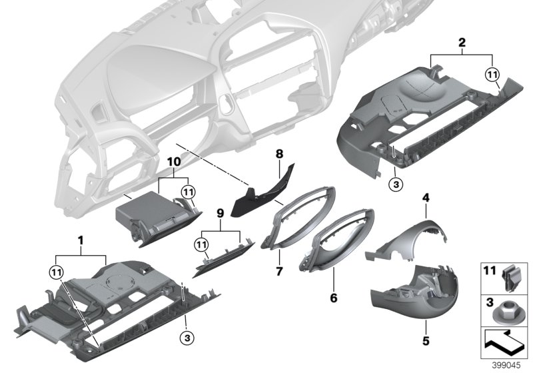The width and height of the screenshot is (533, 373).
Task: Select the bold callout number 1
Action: coord(81,239)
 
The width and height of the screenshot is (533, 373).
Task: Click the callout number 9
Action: coord(220,214)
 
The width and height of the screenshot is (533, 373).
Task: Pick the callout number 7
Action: coord(278,271)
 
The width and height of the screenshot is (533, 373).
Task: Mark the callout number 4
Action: coord(426,197)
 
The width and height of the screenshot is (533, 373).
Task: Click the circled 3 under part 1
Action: coord(188,338)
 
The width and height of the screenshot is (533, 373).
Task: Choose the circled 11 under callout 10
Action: coord(189,192)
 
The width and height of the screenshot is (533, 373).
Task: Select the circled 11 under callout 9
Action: coord(201,244)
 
